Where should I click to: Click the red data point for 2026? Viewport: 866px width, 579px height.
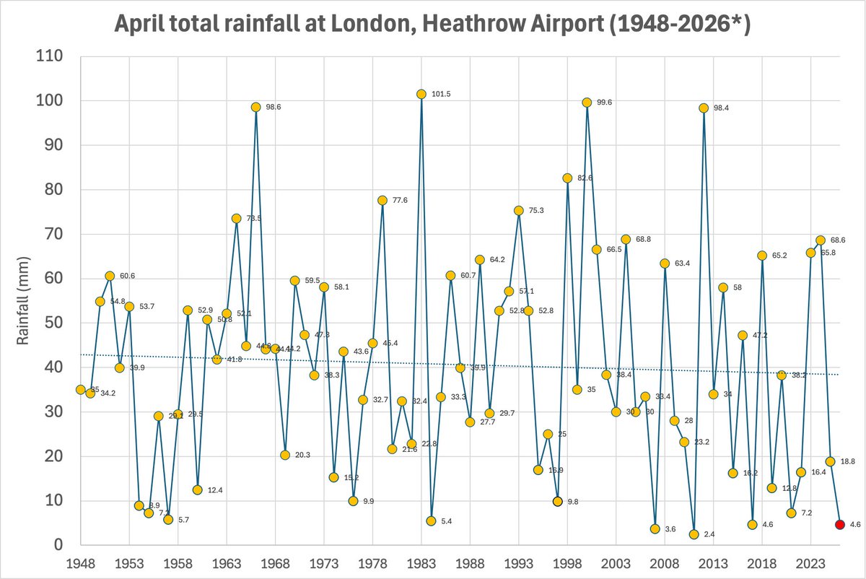tap(839, 524)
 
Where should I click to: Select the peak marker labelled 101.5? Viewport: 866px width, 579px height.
tap(421, 95)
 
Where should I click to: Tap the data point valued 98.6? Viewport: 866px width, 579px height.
tap(255, 107)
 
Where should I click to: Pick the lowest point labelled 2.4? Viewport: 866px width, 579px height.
tap(694, 534)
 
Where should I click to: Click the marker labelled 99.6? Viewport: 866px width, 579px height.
tap(587, 103)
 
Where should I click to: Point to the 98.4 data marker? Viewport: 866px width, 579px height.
tap(704, 108)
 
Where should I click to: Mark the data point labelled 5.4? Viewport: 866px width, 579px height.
tap(431, 521)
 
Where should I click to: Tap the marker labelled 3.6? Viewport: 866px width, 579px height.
tap(655, 528)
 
